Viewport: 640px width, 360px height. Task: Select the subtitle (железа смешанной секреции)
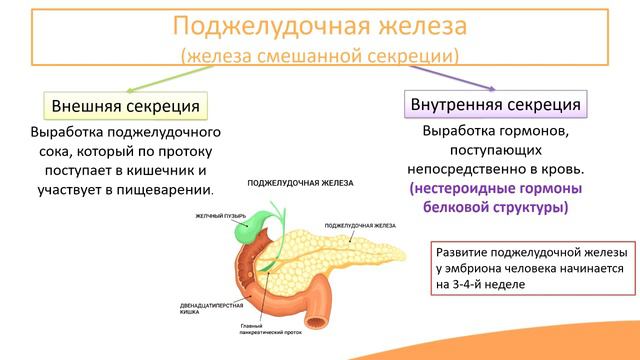(319, 54)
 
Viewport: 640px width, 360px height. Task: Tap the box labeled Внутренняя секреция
(495, 104)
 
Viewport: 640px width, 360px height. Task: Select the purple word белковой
(459, 208)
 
